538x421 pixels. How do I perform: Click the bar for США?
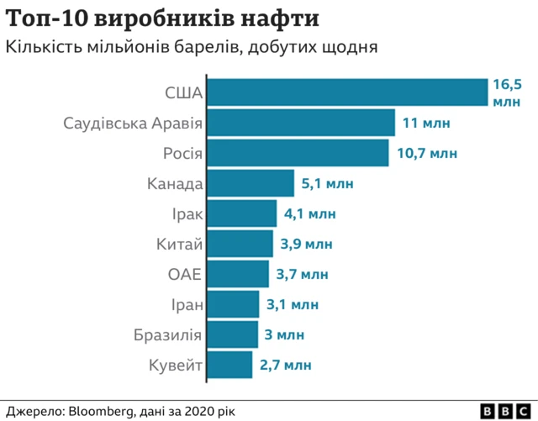pos(347,92)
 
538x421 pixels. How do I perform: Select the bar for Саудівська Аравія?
pos(301,123)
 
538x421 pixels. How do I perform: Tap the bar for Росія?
pos(298,153)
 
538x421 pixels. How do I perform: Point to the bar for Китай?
pos(240,244)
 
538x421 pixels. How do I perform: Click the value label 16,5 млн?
pos(507,92)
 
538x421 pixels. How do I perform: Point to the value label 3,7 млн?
pos(303,274)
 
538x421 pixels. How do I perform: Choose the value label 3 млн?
pos(284,334)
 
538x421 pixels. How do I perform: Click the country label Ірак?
pos(185,213)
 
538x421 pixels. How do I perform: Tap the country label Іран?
pos(185,304)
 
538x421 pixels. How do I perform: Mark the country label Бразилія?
pos(167,335)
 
